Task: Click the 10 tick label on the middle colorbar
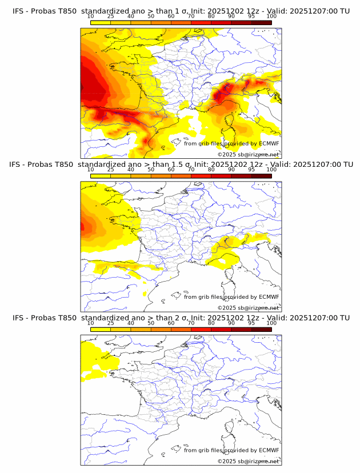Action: [x=91, y=170]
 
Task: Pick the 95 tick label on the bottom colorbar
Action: [x=251, y=323]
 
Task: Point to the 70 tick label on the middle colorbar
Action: [x=191, y=170]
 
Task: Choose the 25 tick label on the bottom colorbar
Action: [x=111, y=323]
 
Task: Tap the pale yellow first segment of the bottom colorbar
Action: [x=101, y=330]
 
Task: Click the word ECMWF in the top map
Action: [x=269, y=143]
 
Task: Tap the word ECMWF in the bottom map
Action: [x=269, y=450]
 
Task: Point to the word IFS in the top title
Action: [x=19, y=11]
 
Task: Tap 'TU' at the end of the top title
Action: [x=345, y=11]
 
